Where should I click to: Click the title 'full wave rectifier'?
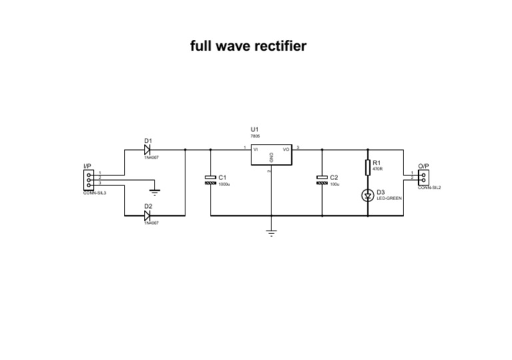tap(248, 46)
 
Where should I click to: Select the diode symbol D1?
tap(147, 149)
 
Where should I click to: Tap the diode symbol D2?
tap(147, 216)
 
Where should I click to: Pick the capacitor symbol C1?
tap(210, 179)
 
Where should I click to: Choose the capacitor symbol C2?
tap(322, 179)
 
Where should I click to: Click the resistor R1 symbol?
tap(368, 166)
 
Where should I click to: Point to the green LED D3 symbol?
tap(368, 195)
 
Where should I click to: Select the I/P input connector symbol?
tap(88, 179)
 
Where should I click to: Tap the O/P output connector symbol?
tap(423, 177)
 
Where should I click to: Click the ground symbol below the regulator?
tap(271, 233)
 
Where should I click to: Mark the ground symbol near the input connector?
tap(153, 190)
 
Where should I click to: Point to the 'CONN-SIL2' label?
tap(429, 188)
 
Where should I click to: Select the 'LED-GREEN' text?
tap(389, 198)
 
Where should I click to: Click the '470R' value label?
tap(377, 169)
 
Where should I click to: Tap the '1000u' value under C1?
tap(225, 184)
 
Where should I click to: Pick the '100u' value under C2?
tap(335, 184)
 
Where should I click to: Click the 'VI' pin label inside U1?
tap(256, 149)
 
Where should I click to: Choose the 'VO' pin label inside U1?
tap(286, 149)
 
